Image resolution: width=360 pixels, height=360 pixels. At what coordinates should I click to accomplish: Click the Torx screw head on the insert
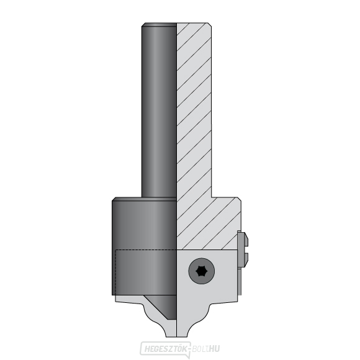pos(201,271)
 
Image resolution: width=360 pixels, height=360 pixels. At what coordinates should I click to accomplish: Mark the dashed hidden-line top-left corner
pos(116,250)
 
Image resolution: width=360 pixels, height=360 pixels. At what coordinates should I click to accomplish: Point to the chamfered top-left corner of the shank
pos(143,25)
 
